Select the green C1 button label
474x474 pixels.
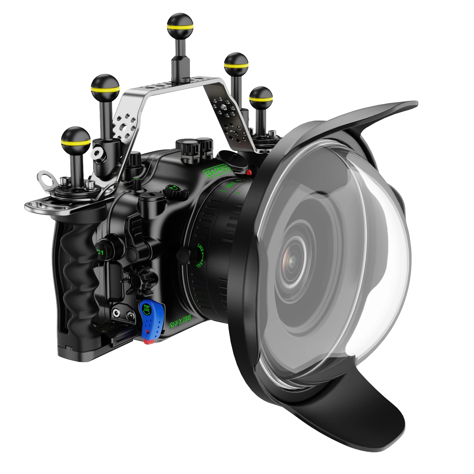pyautogui.click(x=100, y=253)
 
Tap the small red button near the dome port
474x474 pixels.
pyautogui.click(x=249, y=172)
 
